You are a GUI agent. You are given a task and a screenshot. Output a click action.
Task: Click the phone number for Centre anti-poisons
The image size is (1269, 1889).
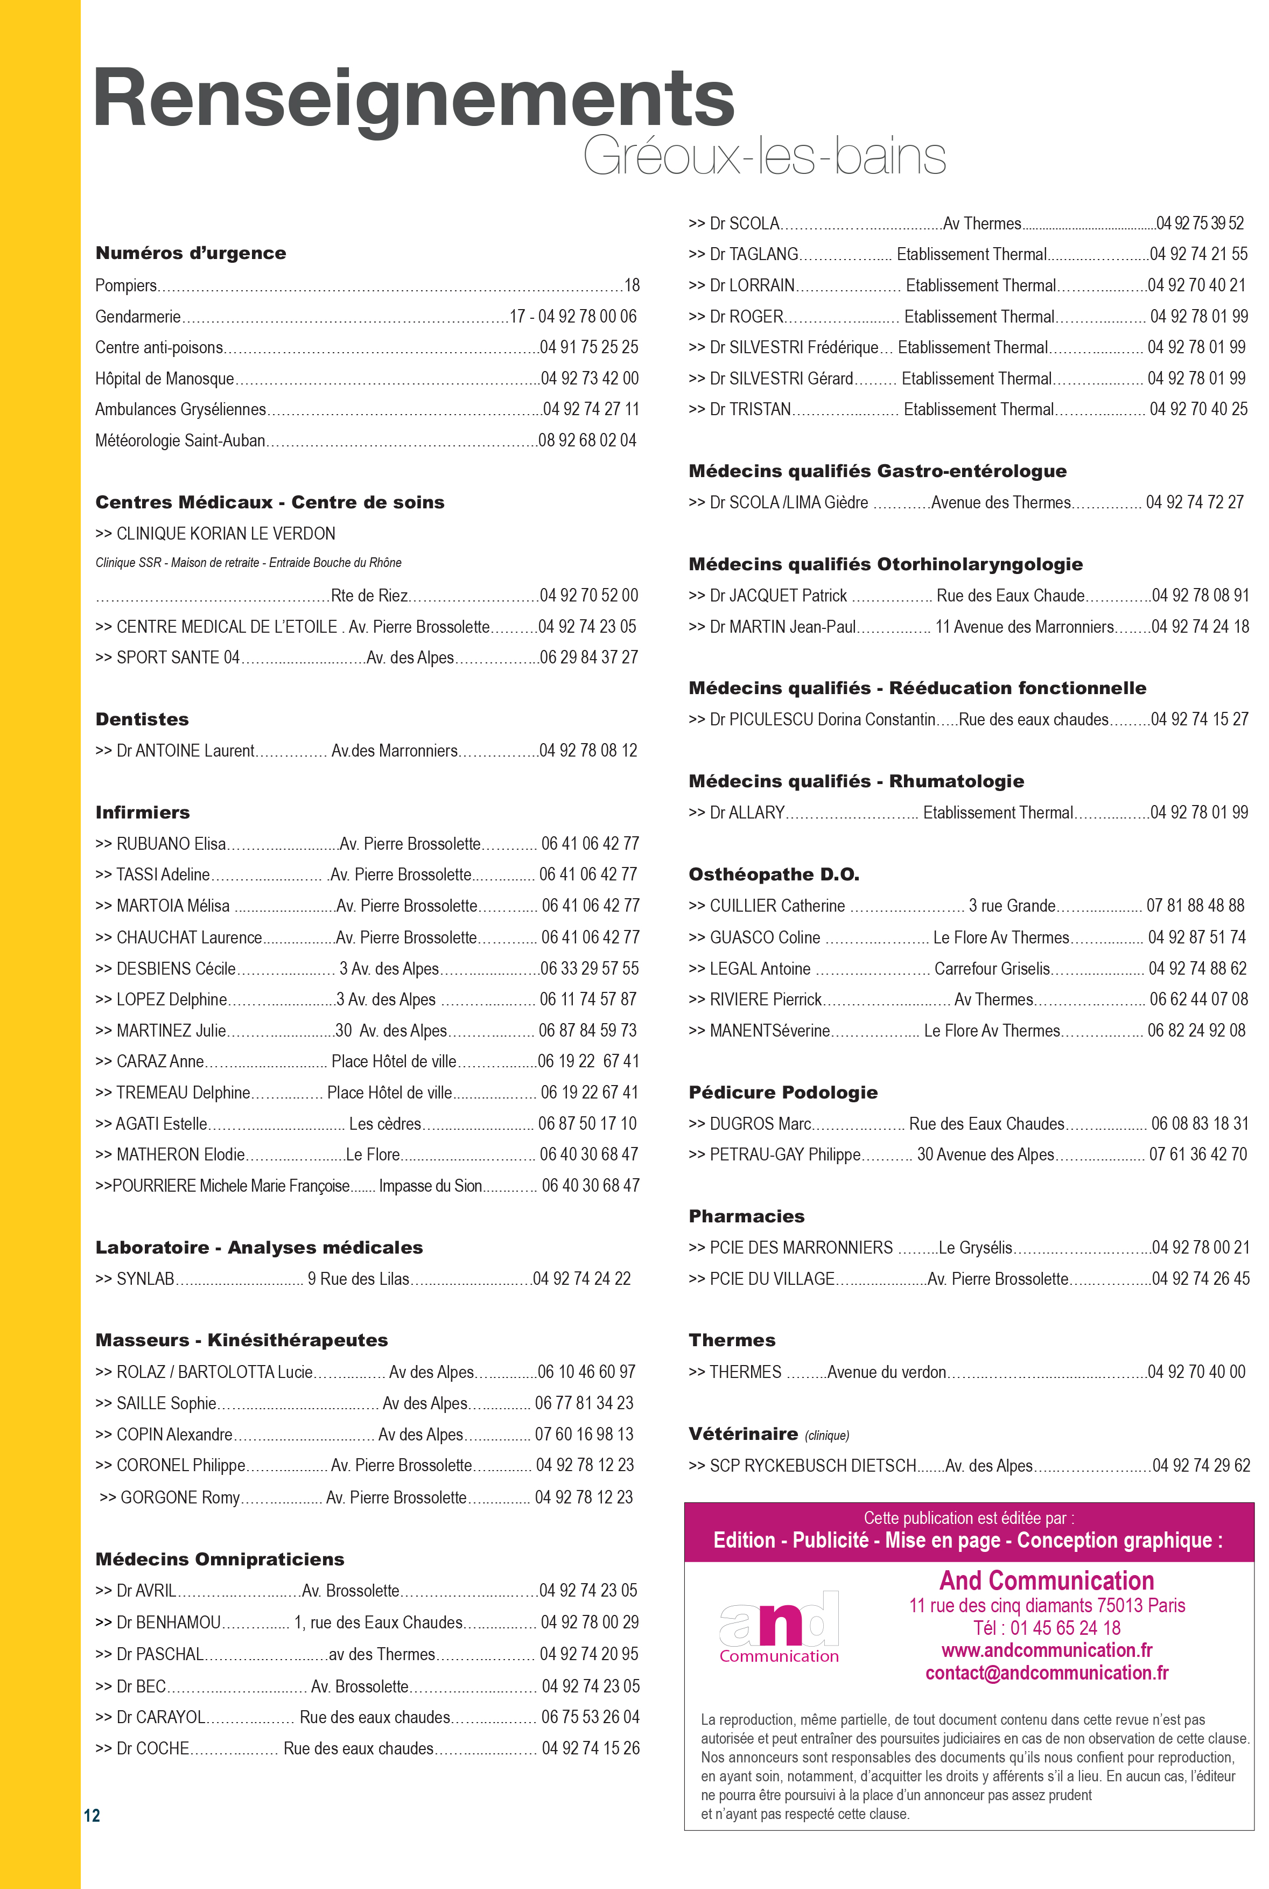589,347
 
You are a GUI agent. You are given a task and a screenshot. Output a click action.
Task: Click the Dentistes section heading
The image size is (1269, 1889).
142,719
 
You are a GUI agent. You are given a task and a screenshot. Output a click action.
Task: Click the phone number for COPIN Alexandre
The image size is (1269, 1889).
584,1434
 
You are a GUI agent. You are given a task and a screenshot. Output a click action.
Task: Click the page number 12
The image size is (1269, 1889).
92,1815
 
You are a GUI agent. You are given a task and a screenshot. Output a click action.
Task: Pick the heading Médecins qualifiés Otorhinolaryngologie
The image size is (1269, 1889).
885,564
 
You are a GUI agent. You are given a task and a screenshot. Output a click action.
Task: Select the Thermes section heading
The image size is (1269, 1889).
732,1340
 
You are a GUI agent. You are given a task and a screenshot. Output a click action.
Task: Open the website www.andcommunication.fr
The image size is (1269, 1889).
1047,1650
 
